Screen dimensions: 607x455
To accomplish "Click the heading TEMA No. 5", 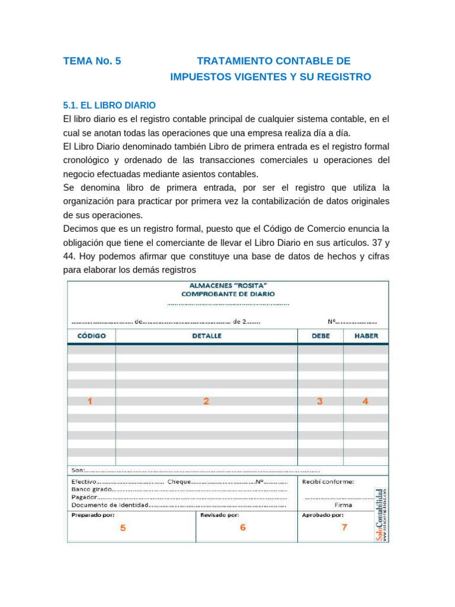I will coord(92,61).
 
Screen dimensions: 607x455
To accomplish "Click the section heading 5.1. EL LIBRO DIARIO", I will coord(110,105).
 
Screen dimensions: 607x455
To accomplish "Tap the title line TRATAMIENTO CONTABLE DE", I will coord(273,61).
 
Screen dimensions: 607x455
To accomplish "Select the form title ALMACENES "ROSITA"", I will coord(228,285).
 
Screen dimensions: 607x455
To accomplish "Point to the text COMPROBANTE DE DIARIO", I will coord(228,293).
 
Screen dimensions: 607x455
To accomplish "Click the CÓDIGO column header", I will coord(92,336).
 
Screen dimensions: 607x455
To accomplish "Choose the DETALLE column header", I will coord(206,336).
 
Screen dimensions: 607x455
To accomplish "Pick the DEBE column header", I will coord(321,336).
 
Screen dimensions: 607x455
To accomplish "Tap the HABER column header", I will coord(366,336).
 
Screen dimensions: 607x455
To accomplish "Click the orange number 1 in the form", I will coord(90,401).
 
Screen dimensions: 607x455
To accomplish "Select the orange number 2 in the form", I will coord(206,401).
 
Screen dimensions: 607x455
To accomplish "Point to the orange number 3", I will coord(320,401).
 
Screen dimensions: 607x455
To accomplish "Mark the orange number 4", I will coord(366,401).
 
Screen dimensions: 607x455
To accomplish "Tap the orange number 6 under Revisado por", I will coord(243,527).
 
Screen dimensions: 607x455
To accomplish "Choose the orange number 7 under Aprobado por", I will coord(344,527).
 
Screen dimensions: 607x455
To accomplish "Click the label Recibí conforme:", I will coord(328,481).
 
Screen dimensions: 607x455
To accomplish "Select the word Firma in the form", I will coord(343,506).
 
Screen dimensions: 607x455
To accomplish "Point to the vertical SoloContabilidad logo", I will coord(380,515).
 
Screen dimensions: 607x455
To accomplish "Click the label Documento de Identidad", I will coord(109,506).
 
